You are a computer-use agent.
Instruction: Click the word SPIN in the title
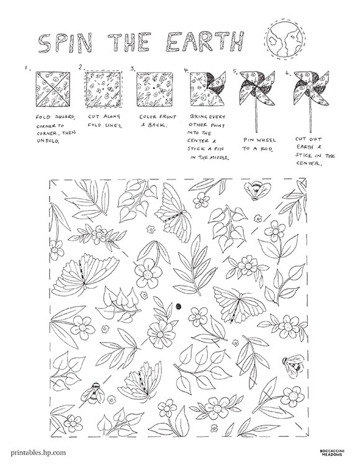[x=65, y=43]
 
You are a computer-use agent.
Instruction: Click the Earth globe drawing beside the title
[x=284, y=38]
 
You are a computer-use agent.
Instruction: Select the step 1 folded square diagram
[x=53, y=89]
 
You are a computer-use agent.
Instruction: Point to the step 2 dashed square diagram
[x=103, y=89]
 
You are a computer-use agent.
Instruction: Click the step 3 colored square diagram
[x=155, y=89]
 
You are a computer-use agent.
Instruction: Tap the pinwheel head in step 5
[x=257, y=88]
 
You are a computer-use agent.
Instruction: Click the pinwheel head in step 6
[x=312, y=88]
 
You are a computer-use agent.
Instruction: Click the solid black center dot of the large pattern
[x=179, y=306]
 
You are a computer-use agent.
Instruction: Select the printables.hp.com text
[x=38, y=452]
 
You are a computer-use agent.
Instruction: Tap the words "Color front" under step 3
[x=158, y=117]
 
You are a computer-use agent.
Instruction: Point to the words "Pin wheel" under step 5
[x=259, y=140]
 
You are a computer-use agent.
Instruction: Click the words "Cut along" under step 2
[x=104, y=116]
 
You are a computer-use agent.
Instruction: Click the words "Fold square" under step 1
[x=55, y=117]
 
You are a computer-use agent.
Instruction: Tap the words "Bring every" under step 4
[x=207, y=117]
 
